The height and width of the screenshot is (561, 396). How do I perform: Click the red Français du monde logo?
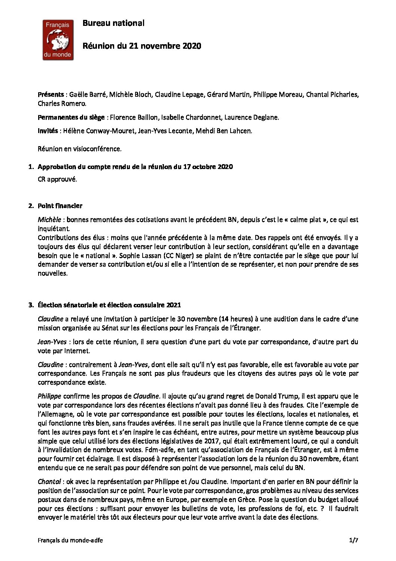click(58, 40)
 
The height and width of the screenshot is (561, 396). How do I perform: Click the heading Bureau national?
click(113, 23)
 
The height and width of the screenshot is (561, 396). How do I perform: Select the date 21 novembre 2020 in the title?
click(165, 46)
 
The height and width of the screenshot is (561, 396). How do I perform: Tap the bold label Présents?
click(51, 95)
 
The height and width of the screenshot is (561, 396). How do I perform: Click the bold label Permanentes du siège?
click(71, 118)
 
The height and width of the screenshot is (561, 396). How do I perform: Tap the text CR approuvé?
click(57, 180)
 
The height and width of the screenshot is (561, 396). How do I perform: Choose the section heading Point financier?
click(60, 206)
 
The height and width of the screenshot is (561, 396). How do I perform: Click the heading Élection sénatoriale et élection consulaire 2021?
click(109, 305)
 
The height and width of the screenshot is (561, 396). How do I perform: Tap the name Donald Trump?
click(276, 396)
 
